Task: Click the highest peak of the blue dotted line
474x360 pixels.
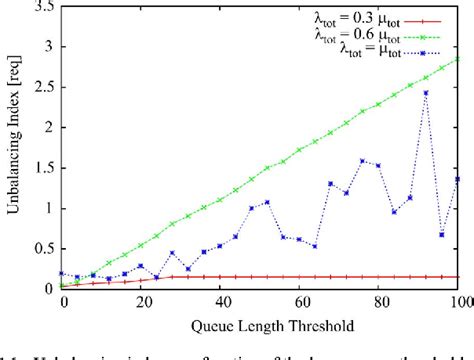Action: click(x=427, y=93)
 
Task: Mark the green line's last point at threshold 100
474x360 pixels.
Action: click(x=460, y=59)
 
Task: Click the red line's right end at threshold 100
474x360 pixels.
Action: click(x=460, y=277)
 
